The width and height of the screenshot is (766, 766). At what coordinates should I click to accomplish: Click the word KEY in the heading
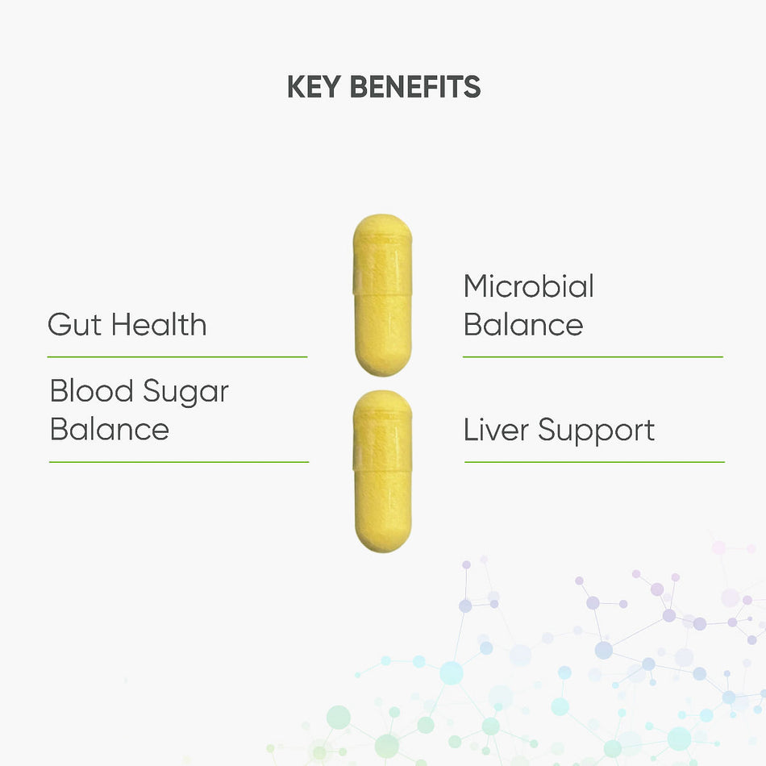tap(314, 87)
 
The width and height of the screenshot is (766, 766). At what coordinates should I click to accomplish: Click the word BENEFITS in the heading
tap(415, 87)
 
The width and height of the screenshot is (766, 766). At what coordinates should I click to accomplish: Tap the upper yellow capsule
tap(382, 295)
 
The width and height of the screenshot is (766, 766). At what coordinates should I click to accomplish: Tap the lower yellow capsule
tap(382, 472)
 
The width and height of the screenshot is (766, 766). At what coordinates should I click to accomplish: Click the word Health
tap(159, 324)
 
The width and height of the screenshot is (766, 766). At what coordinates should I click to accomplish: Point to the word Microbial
tap(529, 285)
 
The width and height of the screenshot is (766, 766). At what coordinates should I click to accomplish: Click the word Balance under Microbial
tap(523, 324)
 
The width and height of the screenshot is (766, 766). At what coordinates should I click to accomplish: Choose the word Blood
tap(91, 391)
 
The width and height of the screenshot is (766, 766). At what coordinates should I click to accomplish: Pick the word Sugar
tap(185, 393)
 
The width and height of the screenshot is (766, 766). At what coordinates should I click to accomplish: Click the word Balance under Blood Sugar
tap(110, 430)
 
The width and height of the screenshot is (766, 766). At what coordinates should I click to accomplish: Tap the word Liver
tap(496, 430)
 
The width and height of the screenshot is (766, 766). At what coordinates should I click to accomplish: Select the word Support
tap(597, 432)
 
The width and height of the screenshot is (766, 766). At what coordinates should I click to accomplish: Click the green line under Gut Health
tap(177, 357)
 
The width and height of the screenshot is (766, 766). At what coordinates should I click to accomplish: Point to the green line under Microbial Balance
tap(593, 357)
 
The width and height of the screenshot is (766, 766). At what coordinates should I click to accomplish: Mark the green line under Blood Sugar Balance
tap(179, 462)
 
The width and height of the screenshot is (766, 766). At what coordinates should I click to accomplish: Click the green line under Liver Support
tap(594, 462)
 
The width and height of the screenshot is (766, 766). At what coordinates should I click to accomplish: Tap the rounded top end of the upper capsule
tap(382, 216)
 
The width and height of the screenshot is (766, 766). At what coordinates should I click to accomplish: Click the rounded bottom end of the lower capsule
tap(382, 550)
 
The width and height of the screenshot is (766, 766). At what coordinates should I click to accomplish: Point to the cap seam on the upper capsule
tap(382, 294)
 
